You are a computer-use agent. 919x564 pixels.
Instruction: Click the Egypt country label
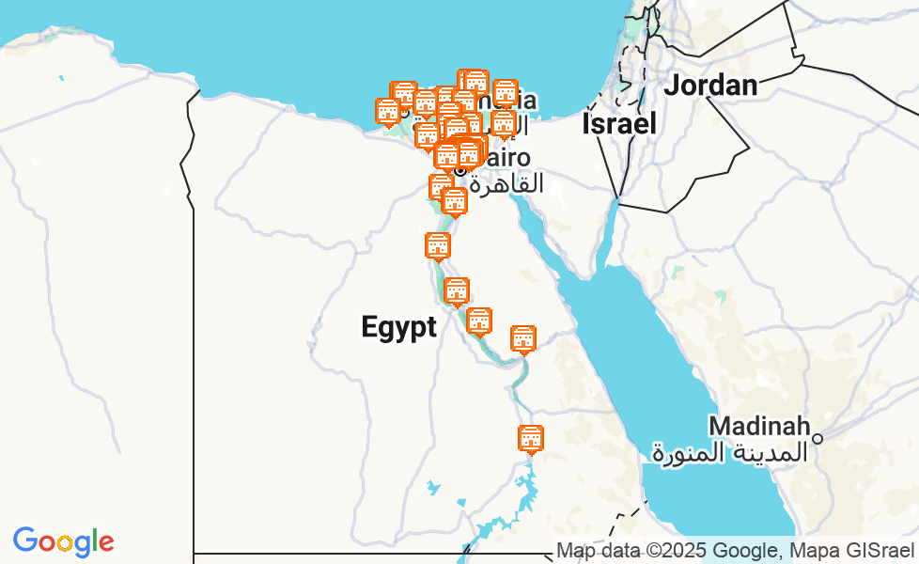399,327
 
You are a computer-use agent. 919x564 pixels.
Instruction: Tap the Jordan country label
710,86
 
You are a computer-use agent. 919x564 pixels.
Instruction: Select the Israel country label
618,123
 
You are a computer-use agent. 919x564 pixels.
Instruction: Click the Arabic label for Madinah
729,452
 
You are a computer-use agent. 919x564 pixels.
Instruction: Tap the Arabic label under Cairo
506,183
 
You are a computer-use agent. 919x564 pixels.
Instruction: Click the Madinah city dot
818,438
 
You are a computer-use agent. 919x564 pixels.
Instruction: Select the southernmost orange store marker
531,438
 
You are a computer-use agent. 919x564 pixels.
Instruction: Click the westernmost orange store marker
388,111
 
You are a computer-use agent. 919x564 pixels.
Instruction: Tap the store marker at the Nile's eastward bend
522,338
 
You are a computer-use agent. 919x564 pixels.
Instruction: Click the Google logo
63,541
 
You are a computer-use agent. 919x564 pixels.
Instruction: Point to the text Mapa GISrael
854,551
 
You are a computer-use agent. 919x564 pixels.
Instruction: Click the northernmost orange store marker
475,82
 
